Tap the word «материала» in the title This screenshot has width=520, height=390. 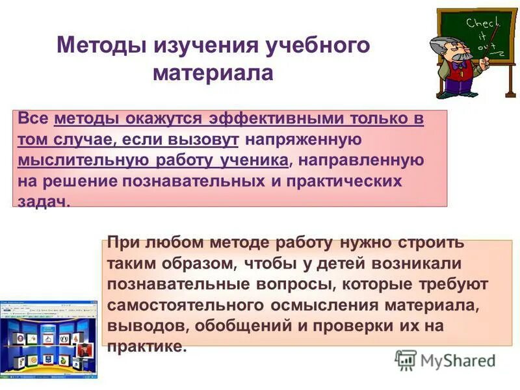click(213, 72)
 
